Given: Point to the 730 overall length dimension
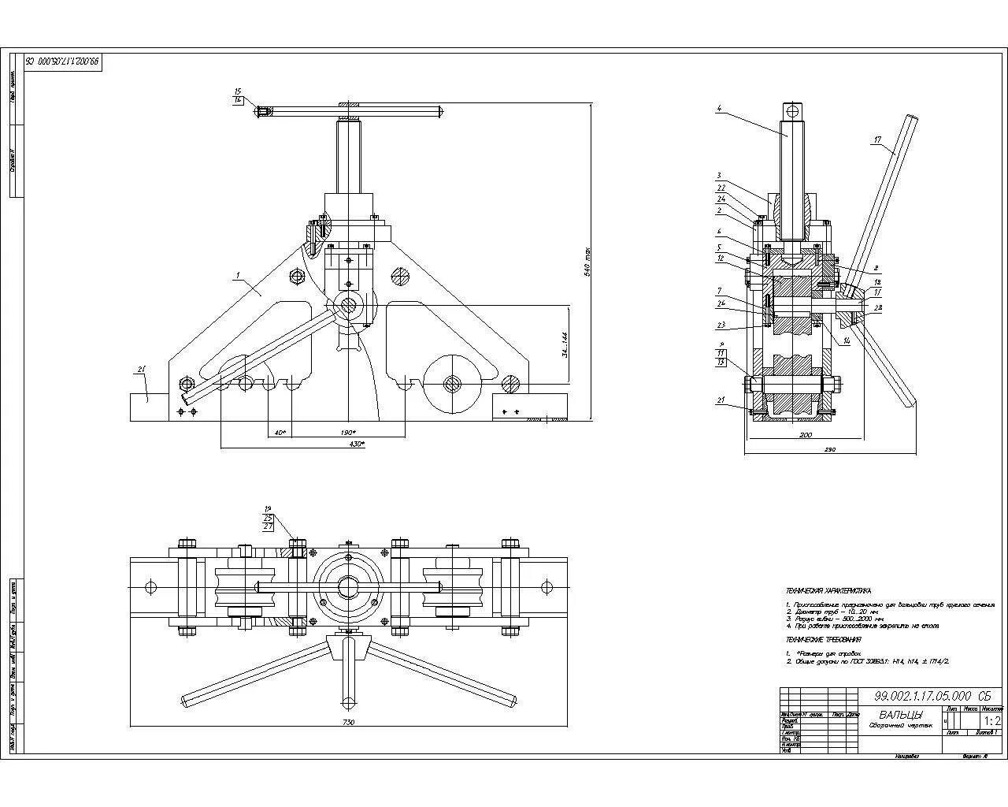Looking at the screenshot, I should [349, 722].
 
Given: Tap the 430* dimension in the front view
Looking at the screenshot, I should [357, 444].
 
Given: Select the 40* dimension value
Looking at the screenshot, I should [280, 433].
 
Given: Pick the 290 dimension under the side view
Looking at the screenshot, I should [830, 450].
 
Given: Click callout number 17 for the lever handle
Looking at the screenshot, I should [877, 140].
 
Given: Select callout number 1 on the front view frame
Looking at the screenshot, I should [237, 276].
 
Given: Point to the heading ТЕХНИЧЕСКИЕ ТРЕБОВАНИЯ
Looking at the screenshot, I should [823, 640].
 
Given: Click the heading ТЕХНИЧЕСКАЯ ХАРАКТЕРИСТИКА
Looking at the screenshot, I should [828, 590].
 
